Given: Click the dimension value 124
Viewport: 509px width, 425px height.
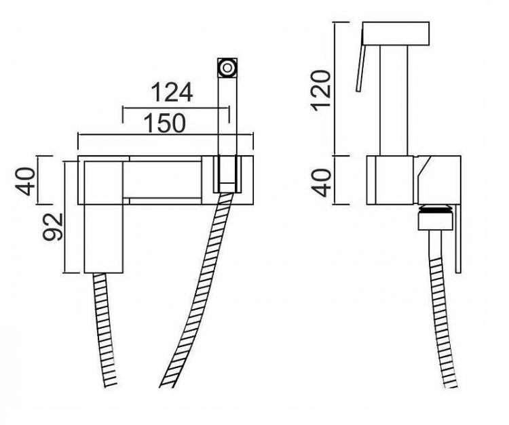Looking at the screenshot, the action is [x=172, y=92].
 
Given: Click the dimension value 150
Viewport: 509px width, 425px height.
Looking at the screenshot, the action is [x=165, y=123].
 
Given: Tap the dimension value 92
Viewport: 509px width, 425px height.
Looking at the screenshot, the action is [x=52, y=226].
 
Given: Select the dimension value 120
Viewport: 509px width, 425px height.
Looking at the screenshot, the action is [x=320, y=90].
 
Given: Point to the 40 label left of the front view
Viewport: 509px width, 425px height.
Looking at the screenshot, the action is [x=25, y=181].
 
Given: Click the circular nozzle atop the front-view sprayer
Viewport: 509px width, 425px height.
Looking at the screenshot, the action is [x=227, y=67].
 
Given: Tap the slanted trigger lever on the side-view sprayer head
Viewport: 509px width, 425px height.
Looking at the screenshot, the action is [x=360, y=60].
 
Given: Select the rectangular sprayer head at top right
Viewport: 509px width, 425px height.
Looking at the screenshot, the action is [x=396, y=33].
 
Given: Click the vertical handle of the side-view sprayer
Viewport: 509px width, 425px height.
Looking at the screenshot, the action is [x=394, y=100].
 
